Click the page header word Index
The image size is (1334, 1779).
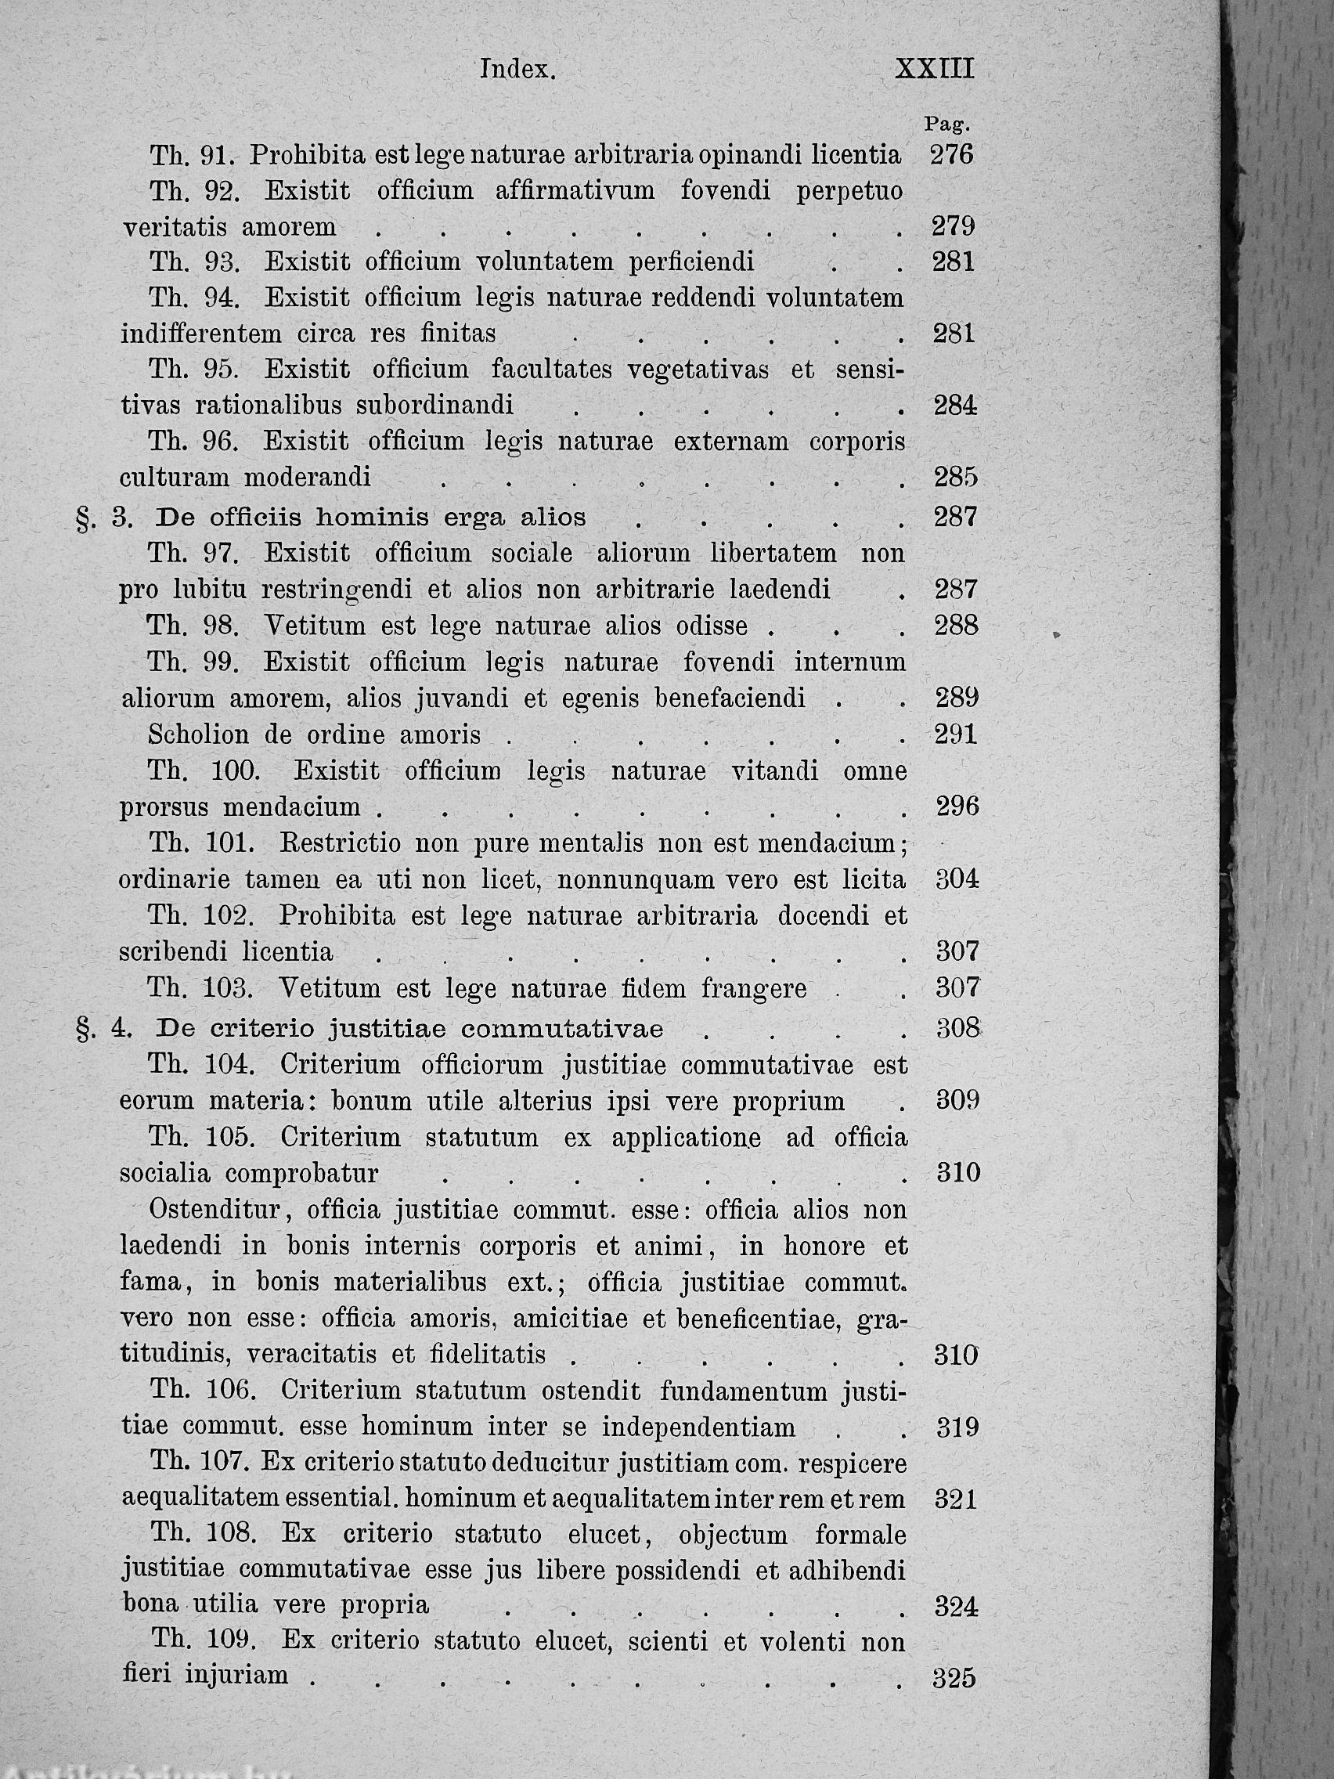pos(517,70)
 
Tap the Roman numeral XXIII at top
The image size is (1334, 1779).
pos(935,69)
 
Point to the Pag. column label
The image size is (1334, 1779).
pos(946,124)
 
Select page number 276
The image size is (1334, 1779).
pos(952,154)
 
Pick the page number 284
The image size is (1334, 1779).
pos(955,406)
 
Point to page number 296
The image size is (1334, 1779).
pos(957,807)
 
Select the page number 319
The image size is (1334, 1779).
pos(958,1427)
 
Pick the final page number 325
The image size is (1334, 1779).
pos(954,1679)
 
